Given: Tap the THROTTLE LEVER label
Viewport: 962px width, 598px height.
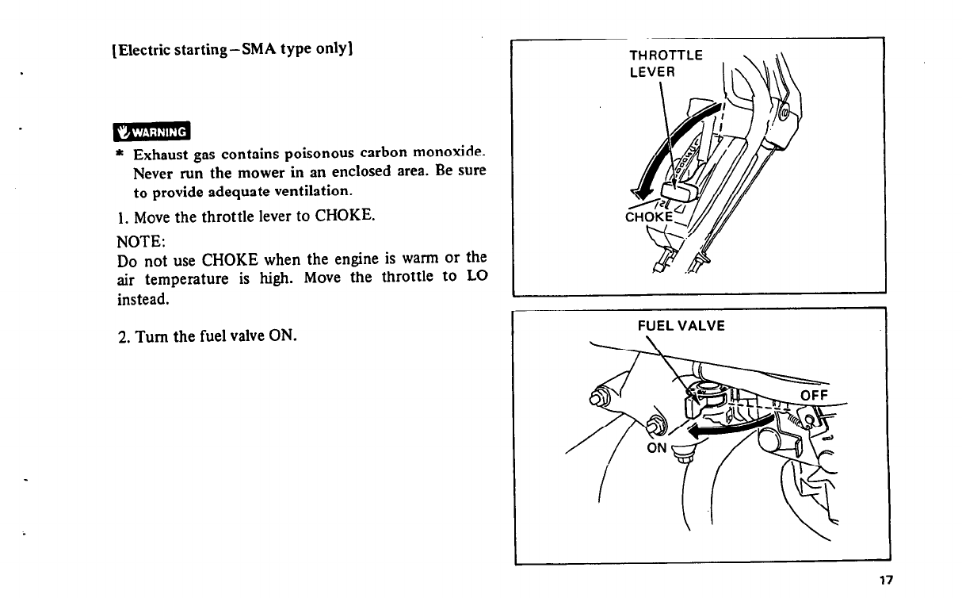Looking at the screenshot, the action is pos(665,63).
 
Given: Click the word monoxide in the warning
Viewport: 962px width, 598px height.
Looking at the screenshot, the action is pos(451,151).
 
